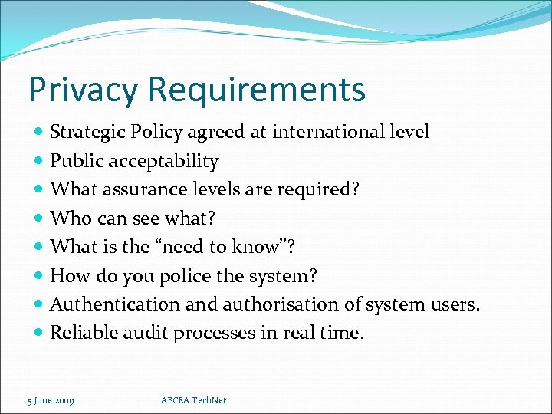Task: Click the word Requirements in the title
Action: [257, 90]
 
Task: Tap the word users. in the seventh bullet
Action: [455, 304]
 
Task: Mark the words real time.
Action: [338, 333]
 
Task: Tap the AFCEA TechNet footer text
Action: [195, 400]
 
